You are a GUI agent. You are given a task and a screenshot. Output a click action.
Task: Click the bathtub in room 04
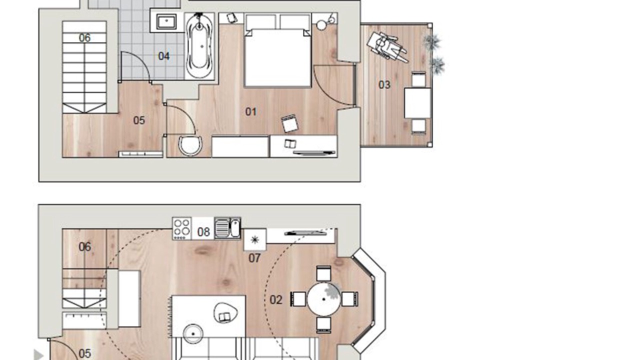(199, 45)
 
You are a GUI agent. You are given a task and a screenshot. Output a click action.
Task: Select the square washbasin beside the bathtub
(166, 21)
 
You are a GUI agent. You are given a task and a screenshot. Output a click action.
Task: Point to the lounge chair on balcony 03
(387, 47)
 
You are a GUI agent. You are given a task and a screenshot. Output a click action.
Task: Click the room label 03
(384, 85)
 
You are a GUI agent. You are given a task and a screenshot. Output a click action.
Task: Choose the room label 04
(163, 56)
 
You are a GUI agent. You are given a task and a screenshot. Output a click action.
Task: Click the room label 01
(251, 111)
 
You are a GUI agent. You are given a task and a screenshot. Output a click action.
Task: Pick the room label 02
(276, 299)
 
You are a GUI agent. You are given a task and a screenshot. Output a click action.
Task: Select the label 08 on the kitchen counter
(203, 231)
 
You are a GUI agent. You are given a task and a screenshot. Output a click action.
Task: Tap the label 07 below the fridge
(254, 258)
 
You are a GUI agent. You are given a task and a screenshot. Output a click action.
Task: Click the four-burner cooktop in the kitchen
(181, 228)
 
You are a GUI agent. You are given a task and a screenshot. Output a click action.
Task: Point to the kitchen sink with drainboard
(227, 227)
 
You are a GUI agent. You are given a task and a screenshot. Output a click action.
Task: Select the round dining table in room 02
(323, 299)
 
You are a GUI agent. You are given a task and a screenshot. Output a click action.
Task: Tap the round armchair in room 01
(190, 145)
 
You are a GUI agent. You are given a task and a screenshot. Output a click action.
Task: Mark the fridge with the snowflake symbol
(255, 239)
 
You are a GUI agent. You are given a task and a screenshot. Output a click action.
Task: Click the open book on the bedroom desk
(290, 143)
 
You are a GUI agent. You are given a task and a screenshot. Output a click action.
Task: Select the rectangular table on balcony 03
(417, 103)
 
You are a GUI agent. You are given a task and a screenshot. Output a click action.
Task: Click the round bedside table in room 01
(321, 25)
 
